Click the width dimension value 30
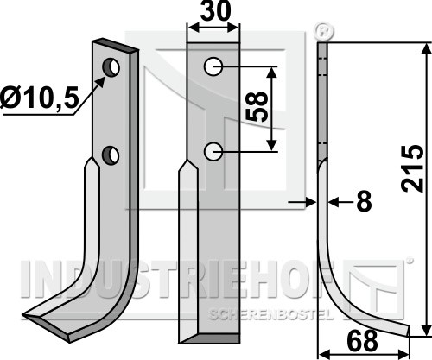pyautogui.click(x=216, y=10)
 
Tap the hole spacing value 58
pyautogui.click(x=257, y=106)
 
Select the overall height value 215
pyautogui.click(x=412, y=168)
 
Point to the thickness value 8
pyautogui.click(x=364, y=201)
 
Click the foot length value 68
pyautogui.click(x=362, y=340)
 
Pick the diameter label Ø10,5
pyautogui.click(x=40, y=98)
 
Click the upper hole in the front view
pyautogui.click(x=213, y=66)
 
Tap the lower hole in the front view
pyautogui.click(x=213, y=151)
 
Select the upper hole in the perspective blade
pyautogui.click(x=111, y=67)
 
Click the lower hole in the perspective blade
pyautogui.click(x=111, y=155)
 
